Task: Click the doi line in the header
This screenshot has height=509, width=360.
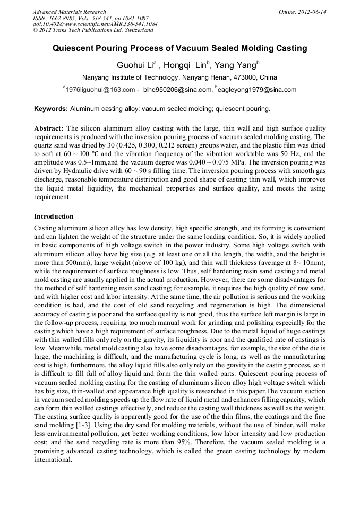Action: pyautogui.click(x=95, y=24)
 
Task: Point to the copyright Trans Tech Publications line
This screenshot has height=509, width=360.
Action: pyautogui.click(x=93, y=30)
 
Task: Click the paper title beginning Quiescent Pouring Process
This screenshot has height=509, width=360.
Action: pyautogui.click(x=179, y=48)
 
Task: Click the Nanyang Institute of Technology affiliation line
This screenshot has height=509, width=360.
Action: pyautogui.click(x=179, y=77)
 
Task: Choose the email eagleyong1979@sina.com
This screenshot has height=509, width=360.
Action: pyautogui.click(x=256, y=90)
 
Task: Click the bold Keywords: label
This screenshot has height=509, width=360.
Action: pyautogui.click(x=51, y=109)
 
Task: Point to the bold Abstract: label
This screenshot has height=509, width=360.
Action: pyautogui.click(x=49, y=129)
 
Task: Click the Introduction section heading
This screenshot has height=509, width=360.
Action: pyautogui.click(x=54, y=217)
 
